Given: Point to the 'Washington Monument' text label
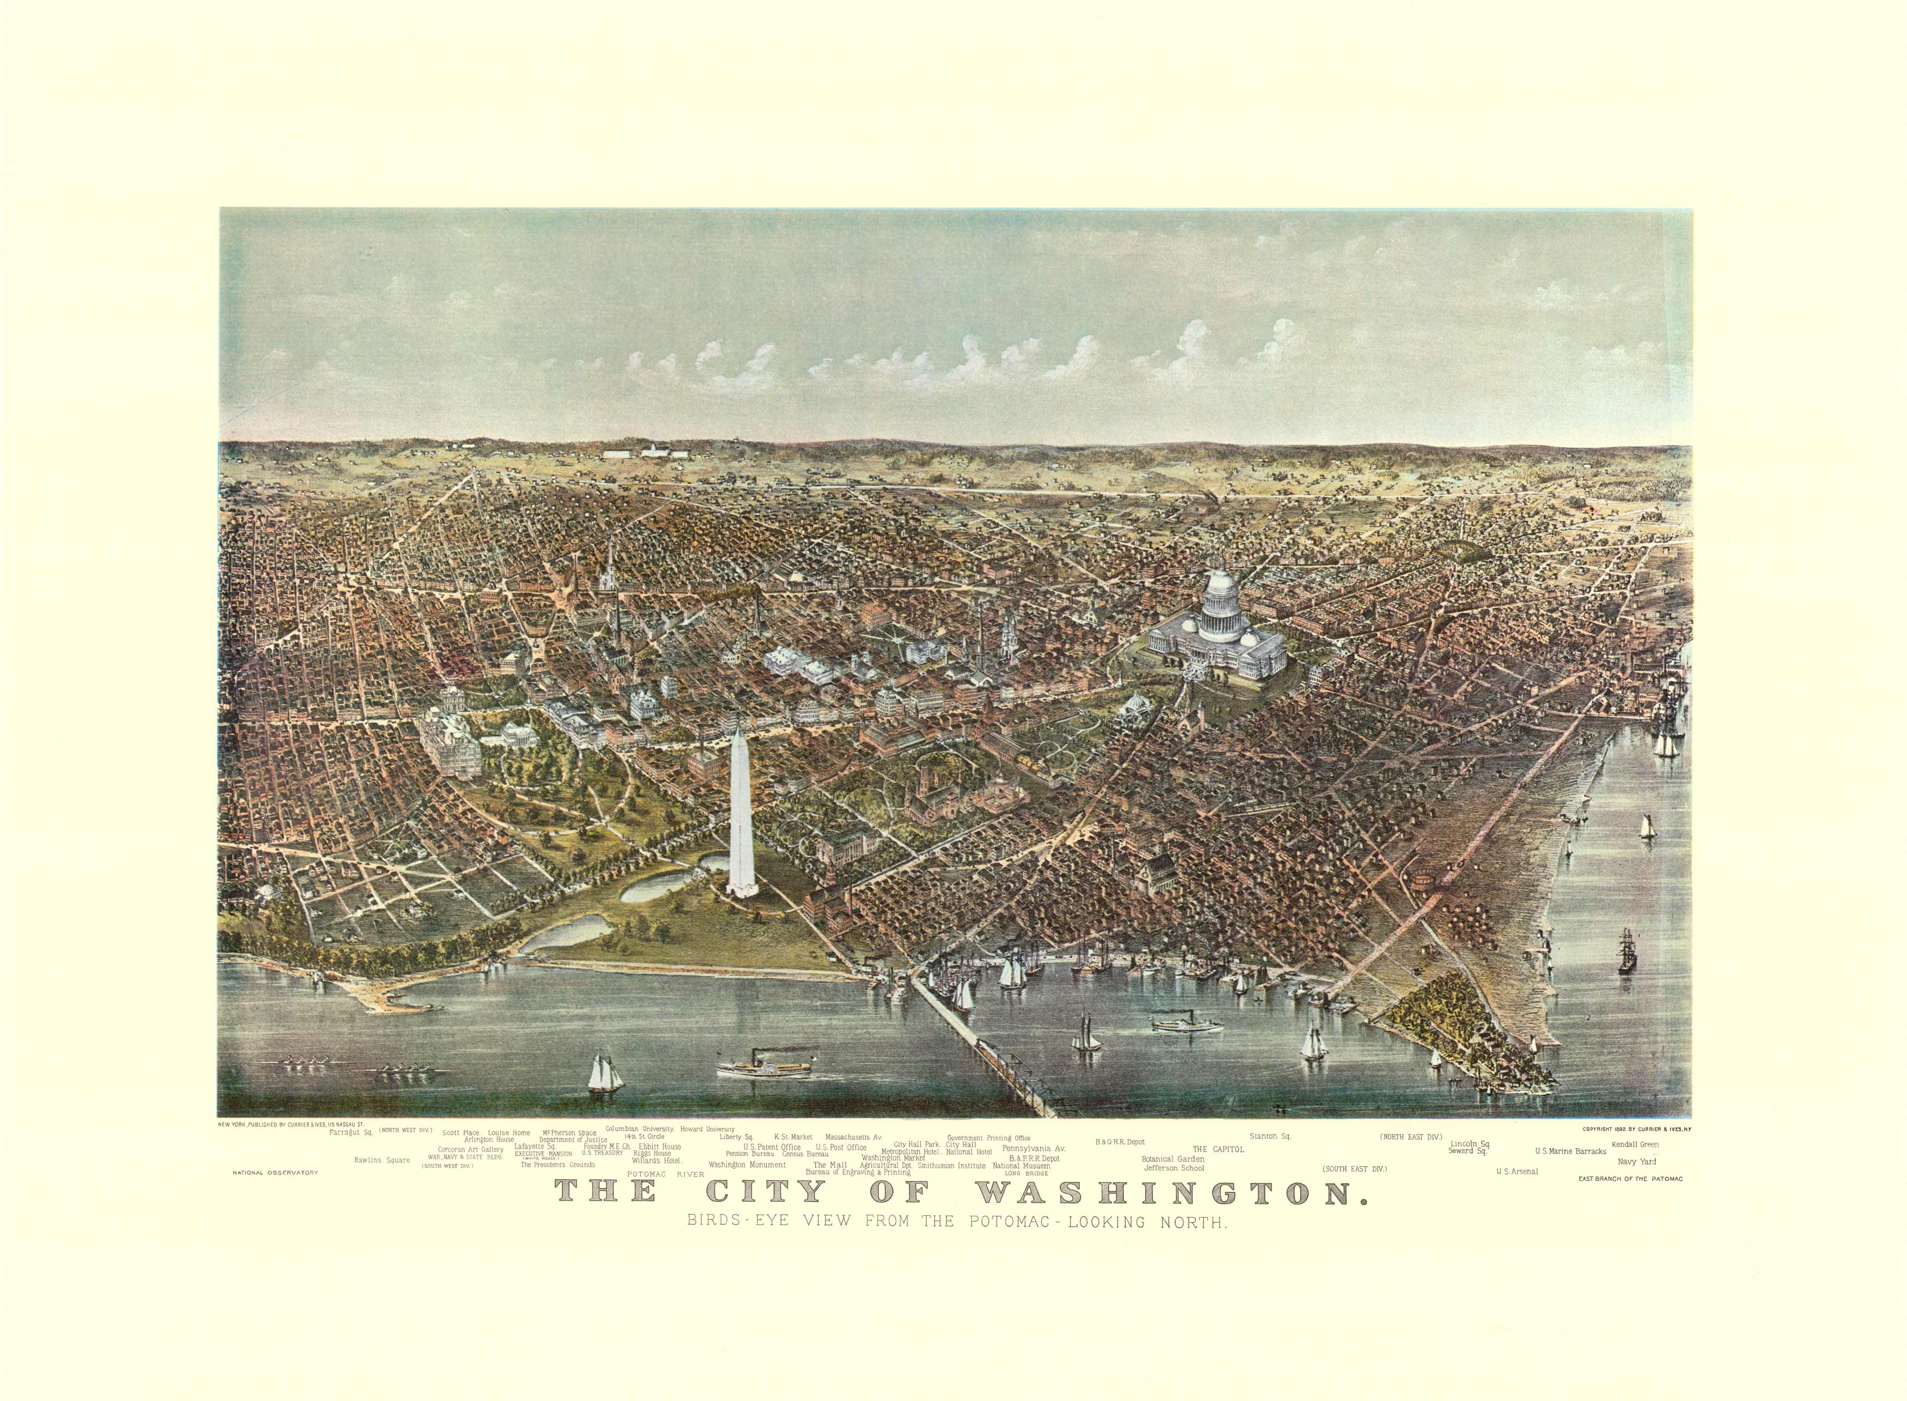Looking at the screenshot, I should (x=746, y=1165).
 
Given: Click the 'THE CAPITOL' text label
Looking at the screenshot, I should (x=1218, y=1149).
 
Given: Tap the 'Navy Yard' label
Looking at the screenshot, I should (x=1636, y=1161).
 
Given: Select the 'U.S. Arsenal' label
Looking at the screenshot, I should (x=1516, y=1171).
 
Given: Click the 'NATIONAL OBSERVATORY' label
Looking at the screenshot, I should (x=268, y=1173).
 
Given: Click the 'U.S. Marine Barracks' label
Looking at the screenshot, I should (x=1570, y=1151).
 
